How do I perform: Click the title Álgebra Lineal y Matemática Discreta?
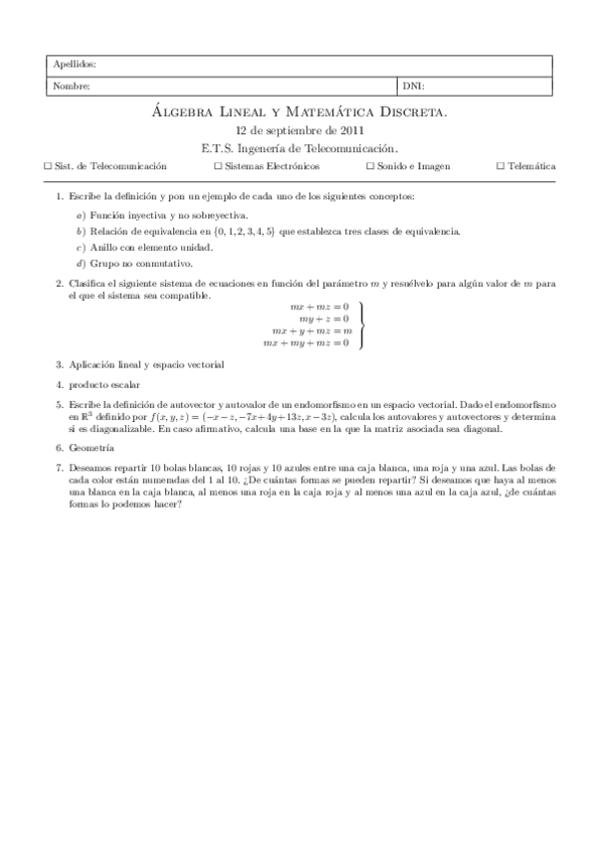click(298, 113)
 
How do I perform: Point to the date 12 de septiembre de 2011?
click(298, 130)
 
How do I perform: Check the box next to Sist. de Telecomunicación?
click(50, 166)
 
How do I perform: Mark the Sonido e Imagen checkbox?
click(370, 166)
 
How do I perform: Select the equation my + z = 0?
click(325, 318)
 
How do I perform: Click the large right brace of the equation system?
click(362, 324)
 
